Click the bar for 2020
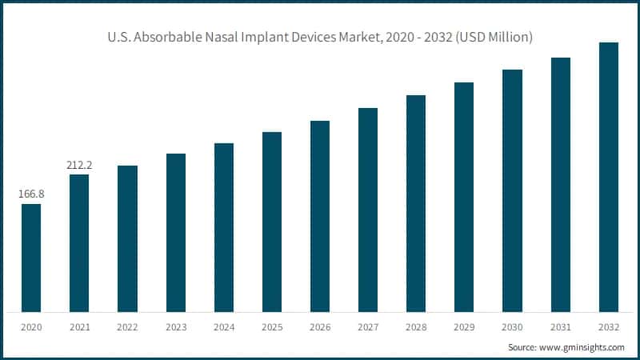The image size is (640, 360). click(x=31, y=258)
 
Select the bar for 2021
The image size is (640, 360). click(x=79, y=242)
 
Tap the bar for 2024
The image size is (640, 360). click(x=224, y=227)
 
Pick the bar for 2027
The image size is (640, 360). click(x=368, y=210)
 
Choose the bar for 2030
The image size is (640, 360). click(x=512, y=190)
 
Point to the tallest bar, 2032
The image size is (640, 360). click(x=609, y=177)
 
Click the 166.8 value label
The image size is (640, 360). click(x=31, y=194)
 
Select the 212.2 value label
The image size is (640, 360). click(x=79, y=165)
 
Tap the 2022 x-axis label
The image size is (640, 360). click(x=127, y=326)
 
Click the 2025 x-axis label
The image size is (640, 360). click(x=272, y=326)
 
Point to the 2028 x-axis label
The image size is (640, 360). click(x=416, y=326)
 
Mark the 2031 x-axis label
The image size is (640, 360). click(x=560, y=326)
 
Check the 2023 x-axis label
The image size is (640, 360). click(x=176, y=326)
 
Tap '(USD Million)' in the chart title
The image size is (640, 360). click(x=494, y=38)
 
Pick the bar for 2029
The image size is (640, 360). click(x=464, y=197)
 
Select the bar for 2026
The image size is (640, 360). click(x=320, y=216)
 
